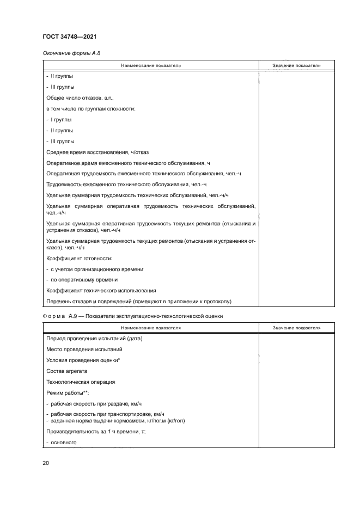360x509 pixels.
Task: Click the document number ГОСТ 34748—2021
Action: tap(70, 36)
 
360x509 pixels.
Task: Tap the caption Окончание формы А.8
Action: tap(71, 53)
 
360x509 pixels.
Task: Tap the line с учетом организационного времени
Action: tap(96, 269)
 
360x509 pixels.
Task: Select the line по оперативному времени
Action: tap(82, 279)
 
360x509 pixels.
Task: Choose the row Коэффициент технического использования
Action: tap(101, 290)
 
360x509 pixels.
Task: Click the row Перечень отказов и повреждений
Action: tap(139, 301)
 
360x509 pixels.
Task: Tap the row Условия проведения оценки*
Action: tap(83, 360)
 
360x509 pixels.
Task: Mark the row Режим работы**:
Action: tap(68, 393)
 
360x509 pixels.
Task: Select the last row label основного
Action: tap(62, 443)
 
